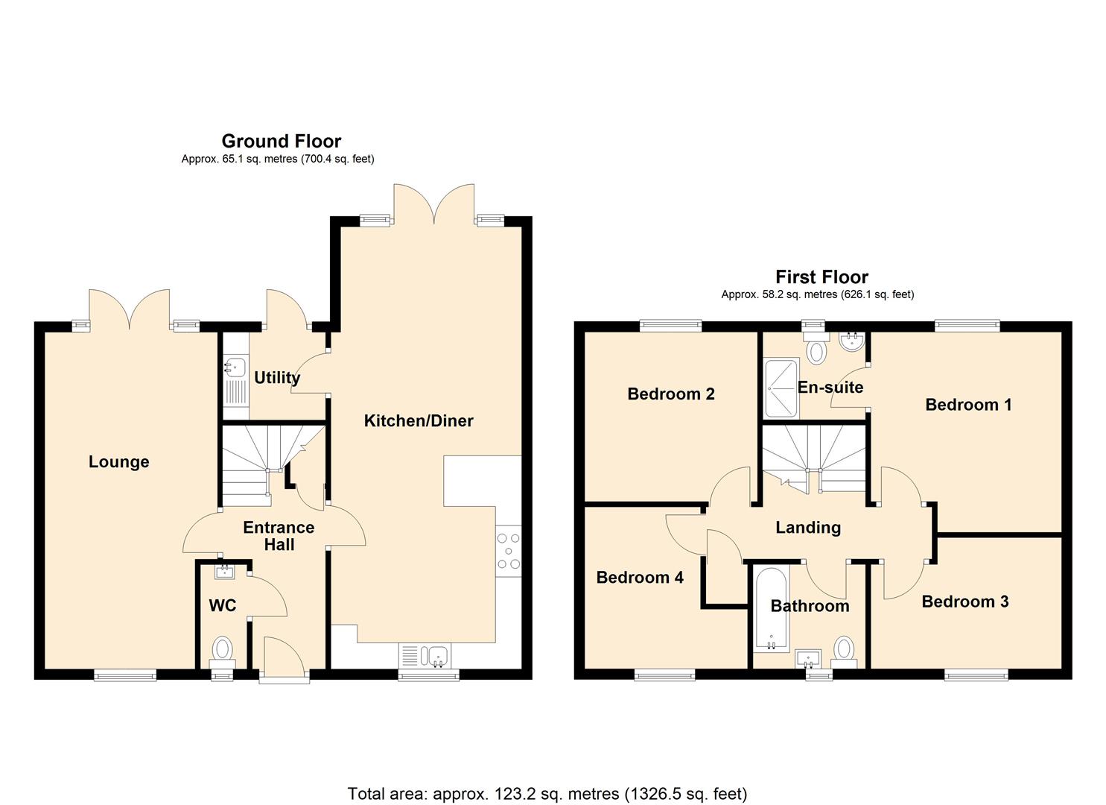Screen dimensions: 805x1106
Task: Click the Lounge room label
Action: [x=118, y=462]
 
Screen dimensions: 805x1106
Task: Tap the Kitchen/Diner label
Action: [x=419, y=421]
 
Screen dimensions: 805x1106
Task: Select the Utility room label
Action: [x=277, y=378]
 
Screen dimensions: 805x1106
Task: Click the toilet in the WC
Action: [x=223, y=647]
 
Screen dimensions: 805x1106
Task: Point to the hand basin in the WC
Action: [x=224, y=572]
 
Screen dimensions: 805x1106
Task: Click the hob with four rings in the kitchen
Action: [x=509, y=551]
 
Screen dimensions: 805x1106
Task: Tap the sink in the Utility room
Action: [x=235, y=367]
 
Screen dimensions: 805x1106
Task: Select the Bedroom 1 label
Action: [x=968, y=405]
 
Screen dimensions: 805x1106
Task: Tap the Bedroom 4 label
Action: [x=640, y=578]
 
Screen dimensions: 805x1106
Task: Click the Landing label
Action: [x=808, y=528]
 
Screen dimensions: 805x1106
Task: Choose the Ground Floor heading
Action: [x=281, y=141]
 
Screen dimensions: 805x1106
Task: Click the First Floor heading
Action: [x=821, y=277]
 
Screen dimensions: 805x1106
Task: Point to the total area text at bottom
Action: [x=547, y=794]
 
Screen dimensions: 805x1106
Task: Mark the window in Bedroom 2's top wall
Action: [x=670, y=324]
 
